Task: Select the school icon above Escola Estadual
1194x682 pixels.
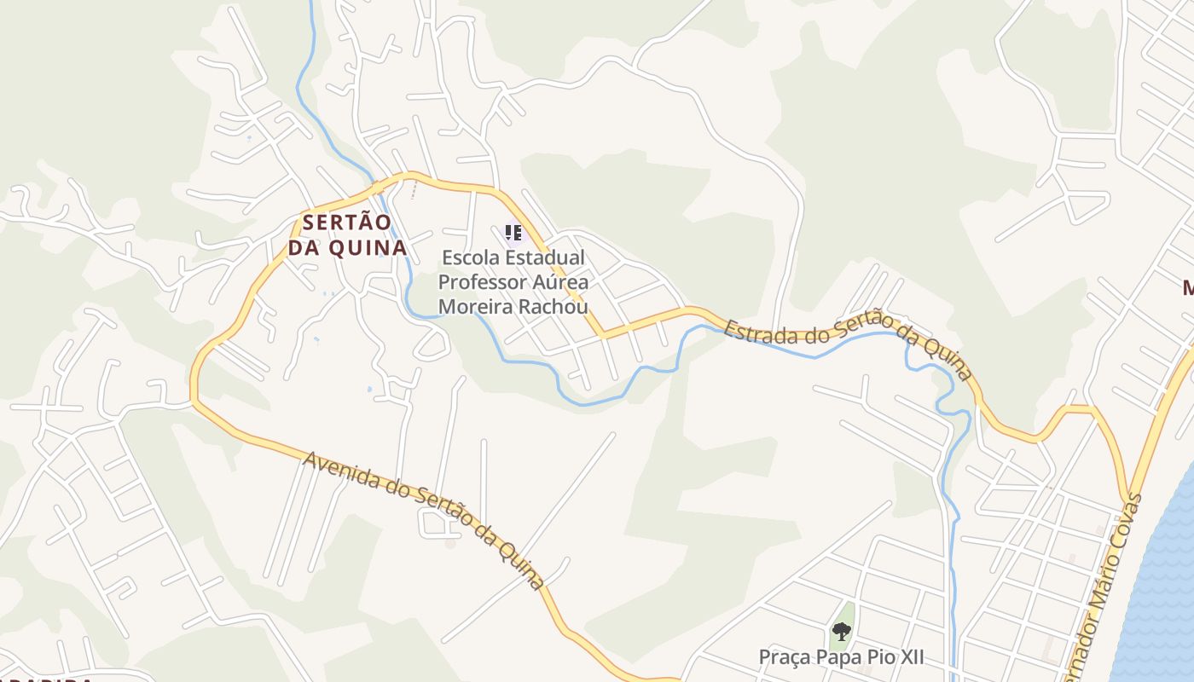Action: (513, 232)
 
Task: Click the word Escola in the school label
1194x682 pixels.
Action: (471, 257)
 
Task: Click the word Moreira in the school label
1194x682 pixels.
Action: (472, 305)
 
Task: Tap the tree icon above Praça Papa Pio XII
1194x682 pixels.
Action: (842, 632)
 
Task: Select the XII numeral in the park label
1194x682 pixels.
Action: (908, 657)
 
